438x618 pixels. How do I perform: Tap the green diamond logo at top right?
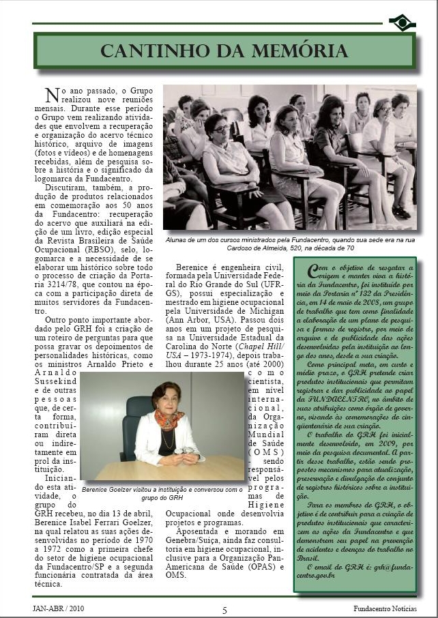point(402,23)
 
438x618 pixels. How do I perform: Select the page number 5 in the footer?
point(224,609)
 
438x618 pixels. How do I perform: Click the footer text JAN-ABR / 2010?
point(59,608)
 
